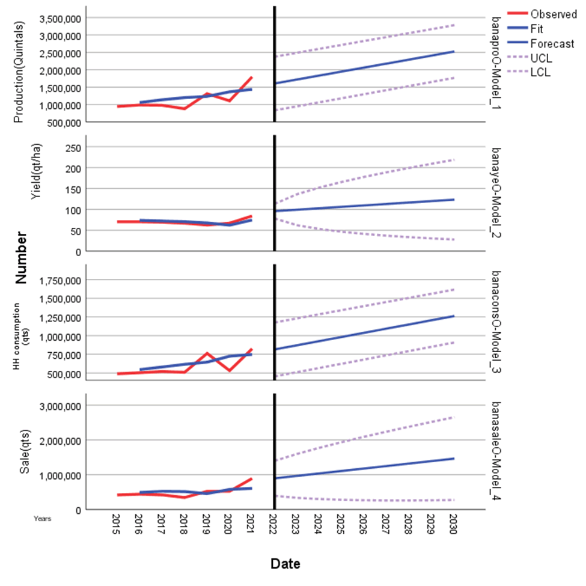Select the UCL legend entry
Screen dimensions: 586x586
click(x=541, y=58)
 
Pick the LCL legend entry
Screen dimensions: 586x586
click(x=541, y=73)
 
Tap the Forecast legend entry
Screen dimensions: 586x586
click(x=552, y=44)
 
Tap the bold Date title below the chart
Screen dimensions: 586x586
click(x=285, y=564)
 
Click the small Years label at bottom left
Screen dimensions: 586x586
click(x=43, y=518)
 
